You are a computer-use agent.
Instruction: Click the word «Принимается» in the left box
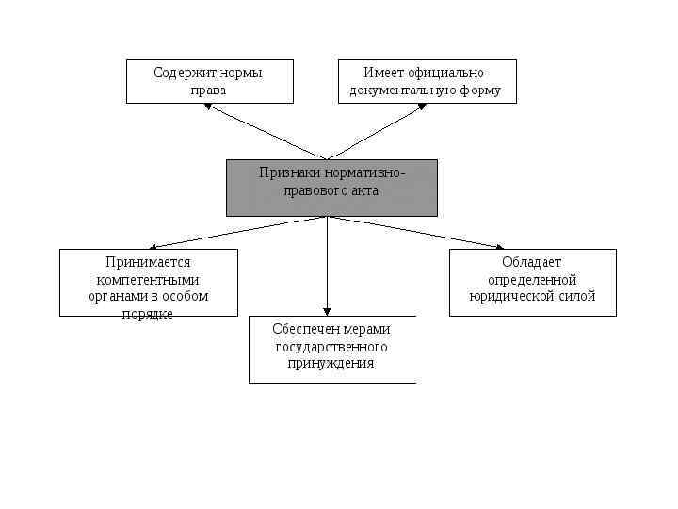(148, 261)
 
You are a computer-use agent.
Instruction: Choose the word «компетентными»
(148, 279)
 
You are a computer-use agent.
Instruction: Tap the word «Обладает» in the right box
(532, 261)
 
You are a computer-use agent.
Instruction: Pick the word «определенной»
(532, 279)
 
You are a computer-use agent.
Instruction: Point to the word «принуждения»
(331, 363)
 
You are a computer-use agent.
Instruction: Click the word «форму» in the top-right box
(481, 91)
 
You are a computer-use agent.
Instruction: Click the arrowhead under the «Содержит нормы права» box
(210, 106)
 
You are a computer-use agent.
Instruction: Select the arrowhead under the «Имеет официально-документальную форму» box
(423, 106)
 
